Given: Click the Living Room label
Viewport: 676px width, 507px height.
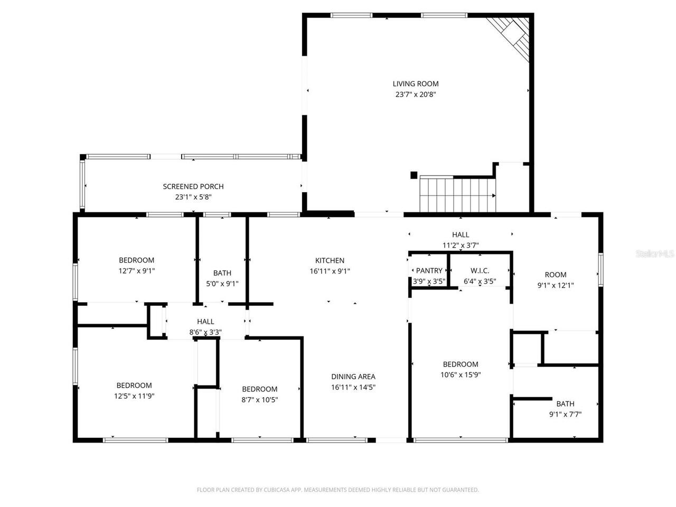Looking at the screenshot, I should point(416,83).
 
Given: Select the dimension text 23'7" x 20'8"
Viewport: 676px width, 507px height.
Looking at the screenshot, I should point(416,95).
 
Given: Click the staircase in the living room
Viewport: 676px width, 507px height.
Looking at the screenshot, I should point(457,194).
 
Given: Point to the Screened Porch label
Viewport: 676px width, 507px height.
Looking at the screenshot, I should point(193,186).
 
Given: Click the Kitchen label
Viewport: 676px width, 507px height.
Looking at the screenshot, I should point(330,260).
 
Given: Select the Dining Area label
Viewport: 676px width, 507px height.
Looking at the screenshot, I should point(353,377).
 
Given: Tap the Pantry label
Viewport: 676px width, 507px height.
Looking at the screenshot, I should point(429,271).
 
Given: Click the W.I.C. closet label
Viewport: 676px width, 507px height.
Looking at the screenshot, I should point(480,271).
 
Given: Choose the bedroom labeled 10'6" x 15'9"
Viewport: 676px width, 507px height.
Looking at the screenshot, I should point(461,364).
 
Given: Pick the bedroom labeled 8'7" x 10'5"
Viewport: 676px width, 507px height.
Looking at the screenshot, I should point(259,389).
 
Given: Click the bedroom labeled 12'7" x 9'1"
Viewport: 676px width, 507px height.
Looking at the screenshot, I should point(136,260).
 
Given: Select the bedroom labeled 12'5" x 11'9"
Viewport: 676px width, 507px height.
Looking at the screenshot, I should point(134,386).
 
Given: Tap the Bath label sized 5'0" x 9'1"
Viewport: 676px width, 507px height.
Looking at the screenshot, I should point(222,273).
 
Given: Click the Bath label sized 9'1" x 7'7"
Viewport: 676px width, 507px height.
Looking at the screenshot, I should point(565,404).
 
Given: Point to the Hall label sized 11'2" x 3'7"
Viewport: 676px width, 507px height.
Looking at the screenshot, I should point(461,234).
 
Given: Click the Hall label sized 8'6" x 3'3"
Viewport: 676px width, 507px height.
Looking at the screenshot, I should point(205,322).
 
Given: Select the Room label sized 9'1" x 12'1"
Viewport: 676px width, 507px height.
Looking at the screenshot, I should point(556,275).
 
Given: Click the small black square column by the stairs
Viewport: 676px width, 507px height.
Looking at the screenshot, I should point(414,175).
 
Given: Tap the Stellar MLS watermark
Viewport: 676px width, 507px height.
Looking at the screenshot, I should point(655,254).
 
